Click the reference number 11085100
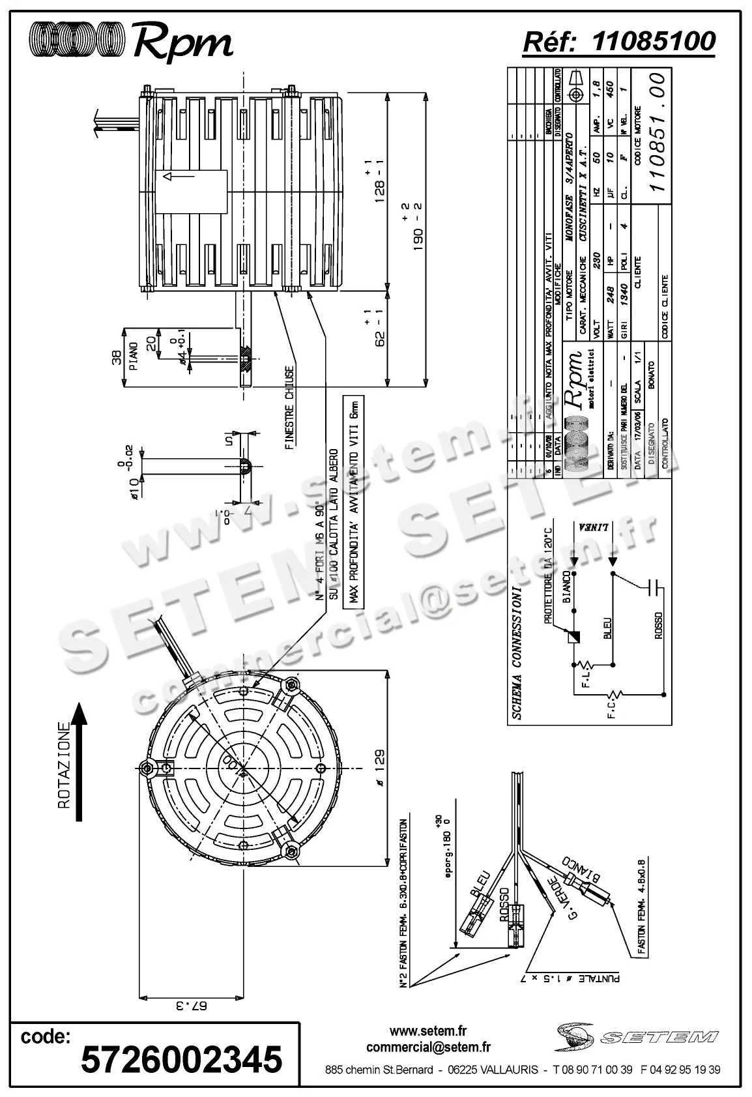654,42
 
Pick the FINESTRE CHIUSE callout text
290,408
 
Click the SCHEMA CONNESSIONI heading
517,652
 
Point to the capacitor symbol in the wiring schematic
652,586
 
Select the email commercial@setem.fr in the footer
428,1047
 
